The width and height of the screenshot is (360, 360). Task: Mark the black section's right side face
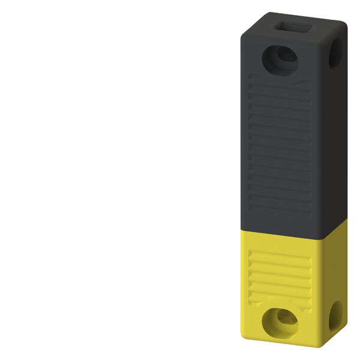pos(335,138)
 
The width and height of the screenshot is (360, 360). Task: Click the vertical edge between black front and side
pos(323,150)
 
